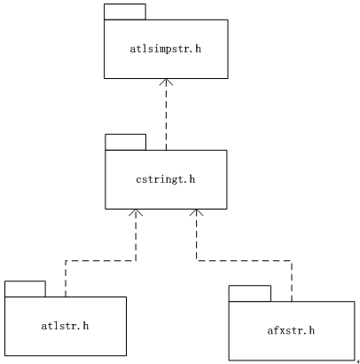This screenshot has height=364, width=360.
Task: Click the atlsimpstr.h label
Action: click(x=166, y=49)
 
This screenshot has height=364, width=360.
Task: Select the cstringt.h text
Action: click(x=166, y=179)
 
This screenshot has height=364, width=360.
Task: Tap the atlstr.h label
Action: click(x=65, y=326)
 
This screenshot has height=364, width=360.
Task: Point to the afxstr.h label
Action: click(x=291, y=330)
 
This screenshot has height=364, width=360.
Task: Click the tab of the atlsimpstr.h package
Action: click(x=125, y=12)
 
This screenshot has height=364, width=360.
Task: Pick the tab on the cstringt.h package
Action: click(x=126, y=142)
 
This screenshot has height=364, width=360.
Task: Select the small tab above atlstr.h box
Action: click(x=25, y=289)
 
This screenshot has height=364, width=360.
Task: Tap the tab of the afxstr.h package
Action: click(x=250, y=294)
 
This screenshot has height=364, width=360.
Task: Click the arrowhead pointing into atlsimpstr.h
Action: click(x=166, y=82)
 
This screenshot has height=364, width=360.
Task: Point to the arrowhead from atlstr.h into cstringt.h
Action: click(x=136, y=212)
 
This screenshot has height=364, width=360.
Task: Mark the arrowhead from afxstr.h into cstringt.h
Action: click(x=196, y=212)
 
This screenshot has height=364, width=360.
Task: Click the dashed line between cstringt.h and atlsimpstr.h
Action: click(x=166, y=115)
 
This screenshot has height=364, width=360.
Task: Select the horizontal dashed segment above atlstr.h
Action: click(x=100, y=261)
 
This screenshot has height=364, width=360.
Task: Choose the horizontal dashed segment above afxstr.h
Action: click(x=244, y=261)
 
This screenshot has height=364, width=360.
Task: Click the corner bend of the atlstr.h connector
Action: click(x=66, y=261)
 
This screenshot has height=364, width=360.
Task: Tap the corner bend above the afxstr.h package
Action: click(x=292, y=261)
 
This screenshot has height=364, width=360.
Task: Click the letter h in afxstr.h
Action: click(x=311, y=330)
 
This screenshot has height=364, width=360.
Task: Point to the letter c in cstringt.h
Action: click(x=138, y=180)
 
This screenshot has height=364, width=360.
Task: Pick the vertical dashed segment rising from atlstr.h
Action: click(x=66, y=279)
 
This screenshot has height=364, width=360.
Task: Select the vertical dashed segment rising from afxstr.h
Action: click(x=292, y=281)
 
